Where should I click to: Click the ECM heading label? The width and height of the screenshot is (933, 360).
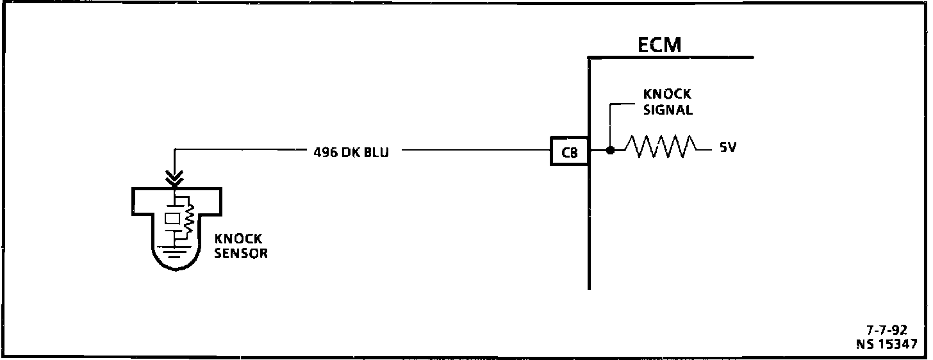pos(659,45)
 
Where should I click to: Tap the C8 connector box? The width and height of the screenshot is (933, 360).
pos(569,152)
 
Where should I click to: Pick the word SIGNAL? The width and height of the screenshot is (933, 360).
pos(667,110)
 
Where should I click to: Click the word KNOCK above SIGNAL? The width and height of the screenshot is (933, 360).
pos(667,95)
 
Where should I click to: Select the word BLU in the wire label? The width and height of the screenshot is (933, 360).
pos(376,153)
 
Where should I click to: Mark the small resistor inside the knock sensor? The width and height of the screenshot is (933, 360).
pos(188,220)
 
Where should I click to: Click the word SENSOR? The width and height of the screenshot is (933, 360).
pos(242,254)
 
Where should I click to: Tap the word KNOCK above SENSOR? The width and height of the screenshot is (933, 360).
pos(238,240)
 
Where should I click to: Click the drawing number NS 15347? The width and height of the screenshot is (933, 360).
pos(886,344)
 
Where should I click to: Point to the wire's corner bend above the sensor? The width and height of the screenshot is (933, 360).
pos(175,151)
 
